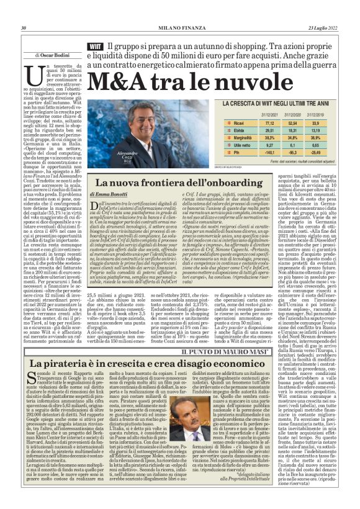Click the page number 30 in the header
tap(23, 27)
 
